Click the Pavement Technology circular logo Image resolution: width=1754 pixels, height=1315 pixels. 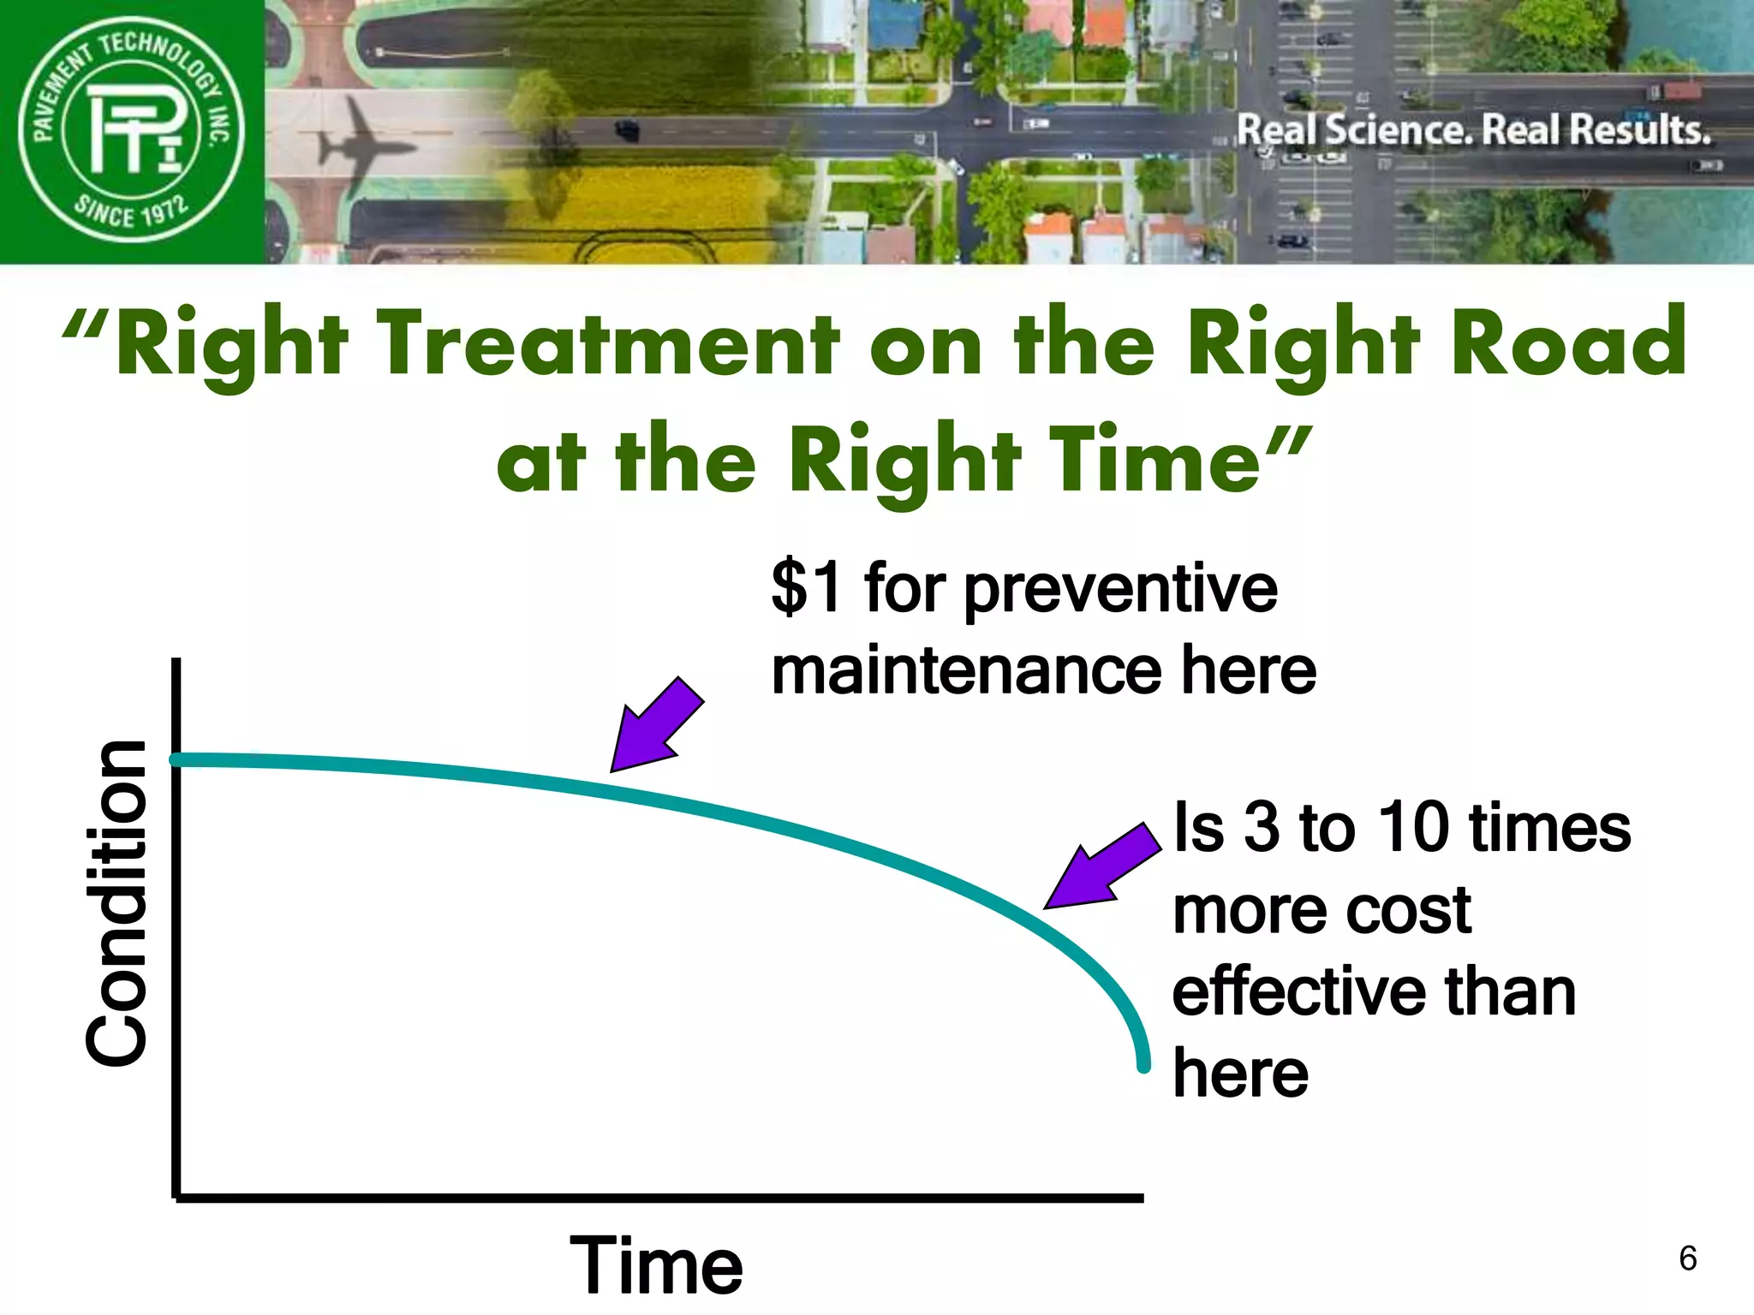pos(131,130)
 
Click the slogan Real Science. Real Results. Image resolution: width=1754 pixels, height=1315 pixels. pos(1473,130)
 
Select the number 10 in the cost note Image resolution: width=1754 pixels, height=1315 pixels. pos(1413,828)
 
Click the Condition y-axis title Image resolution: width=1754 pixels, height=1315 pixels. pos(117,903)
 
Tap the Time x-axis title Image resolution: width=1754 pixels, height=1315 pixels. pos(656,1265)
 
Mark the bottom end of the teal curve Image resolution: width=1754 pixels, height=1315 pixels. pos(1143,1065)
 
